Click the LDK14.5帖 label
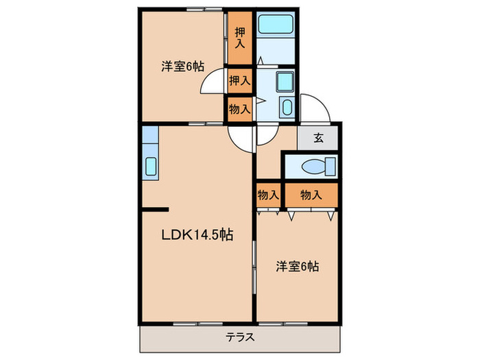(197, 235)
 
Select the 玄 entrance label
(318, 137)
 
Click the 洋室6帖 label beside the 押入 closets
(182, 67)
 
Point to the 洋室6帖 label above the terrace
(298, 265)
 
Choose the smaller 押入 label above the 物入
(240, 81)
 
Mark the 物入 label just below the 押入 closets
(240, 108)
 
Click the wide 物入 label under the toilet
(311, 195)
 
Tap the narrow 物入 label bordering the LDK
(268, 195)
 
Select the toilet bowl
(318, 166)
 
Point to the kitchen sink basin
(151, 167)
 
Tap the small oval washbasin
(287, 108)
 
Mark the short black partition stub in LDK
(154, 208)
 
